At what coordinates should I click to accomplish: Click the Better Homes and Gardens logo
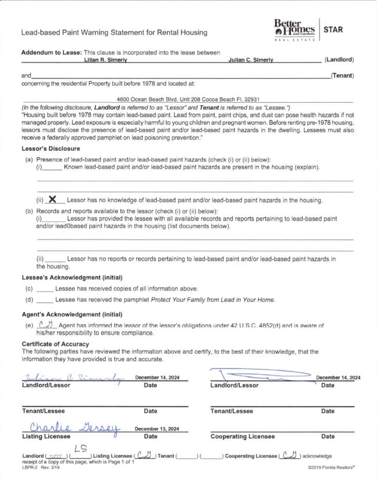(294, 29)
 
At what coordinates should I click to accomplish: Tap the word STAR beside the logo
(333, 29)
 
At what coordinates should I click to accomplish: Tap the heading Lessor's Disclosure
(51, 149)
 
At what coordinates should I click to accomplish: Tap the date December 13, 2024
(157, 429)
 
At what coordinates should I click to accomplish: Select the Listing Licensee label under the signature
(46, 436)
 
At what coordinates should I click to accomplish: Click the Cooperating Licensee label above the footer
(242, 436)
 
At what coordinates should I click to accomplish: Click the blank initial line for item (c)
(45, 289)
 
